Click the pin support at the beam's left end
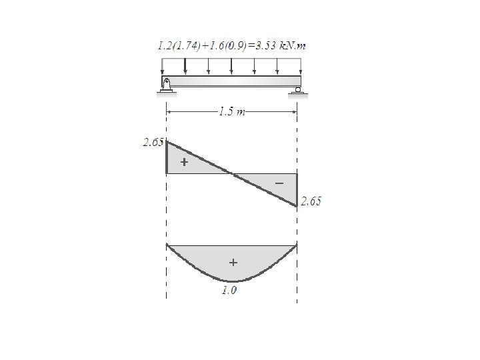pyautogui.click(x=166, y=85)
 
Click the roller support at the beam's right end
pyautogui.click(x=297, y=90)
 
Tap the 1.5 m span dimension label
pyautogui.click(x=232, y=112)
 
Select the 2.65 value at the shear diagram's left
pyautogui.click(x=153, y=143)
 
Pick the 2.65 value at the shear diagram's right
pyautogui.click(x=311, y=201)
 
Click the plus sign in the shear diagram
pyautogui.click(x=184, y=161)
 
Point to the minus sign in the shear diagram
pyautogui.click(x=279, y=183)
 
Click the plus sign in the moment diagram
pyautogui.click(x=233, y=263)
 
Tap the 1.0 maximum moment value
pyautogui.click(x=229, y=290)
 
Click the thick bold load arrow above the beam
pyautogui.click(x=185, y=66)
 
